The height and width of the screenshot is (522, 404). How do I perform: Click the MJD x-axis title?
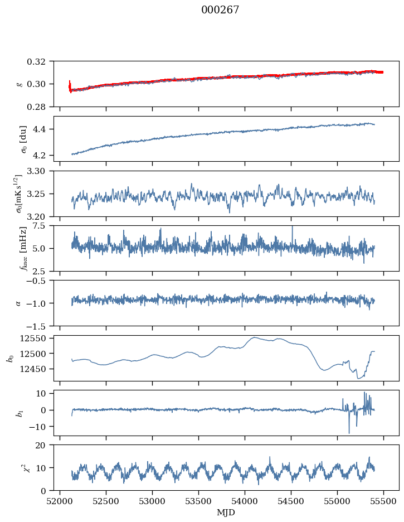point(226,513)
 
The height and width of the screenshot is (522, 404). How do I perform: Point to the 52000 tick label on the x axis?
point(60,501)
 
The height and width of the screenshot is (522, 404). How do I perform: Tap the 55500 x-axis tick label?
point(383,501)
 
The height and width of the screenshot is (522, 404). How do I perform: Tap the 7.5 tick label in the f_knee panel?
point(44,225)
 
